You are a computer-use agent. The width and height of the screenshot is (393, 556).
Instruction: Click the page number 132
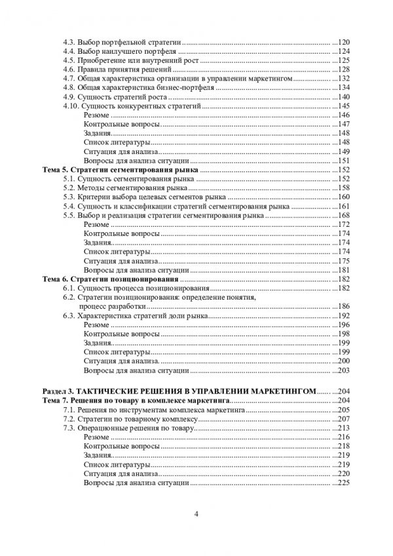(x=344, y=78)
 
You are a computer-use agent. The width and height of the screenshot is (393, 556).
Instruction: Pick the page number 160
(x=344, y=197)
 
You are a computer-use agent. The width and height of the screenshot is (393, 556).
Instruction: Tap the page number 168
(x=344, y=216)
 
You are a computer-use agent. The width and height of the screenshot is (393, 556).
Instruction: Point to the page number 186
(x=344, y=307)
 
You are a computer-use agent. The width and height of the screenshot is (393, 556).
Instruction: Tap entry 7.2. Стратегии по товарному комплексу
(x=130, y=418)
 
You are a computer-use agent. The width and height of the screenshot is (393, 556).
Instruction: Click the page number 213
(x=344, y=427)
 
